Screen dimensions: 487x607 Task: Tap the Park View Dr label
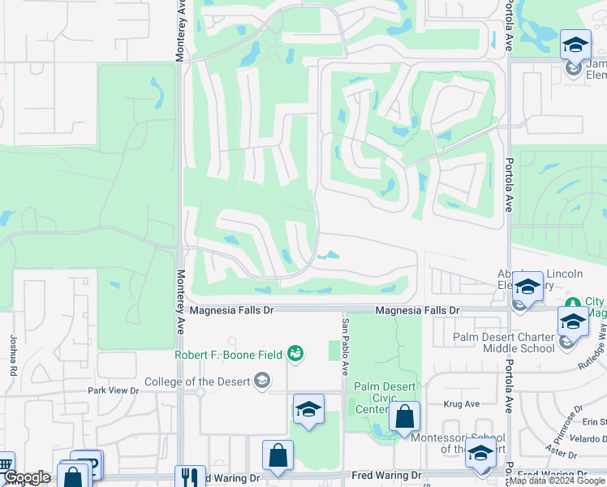coord(114,390)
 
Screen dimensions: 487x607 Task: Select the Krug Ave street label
coord(462,403)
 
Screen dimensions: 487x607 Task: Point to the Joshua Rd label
coord(14,356)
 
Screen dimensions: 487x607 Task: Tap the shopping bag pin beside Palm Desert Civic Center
coord(404,417)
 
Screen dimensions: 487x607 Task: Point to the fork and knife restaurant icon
coord(190,477)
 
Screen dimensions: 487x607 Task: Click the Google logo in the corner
coord(27,477)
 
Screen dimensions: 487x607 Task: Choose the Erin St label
coord(594,421)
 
